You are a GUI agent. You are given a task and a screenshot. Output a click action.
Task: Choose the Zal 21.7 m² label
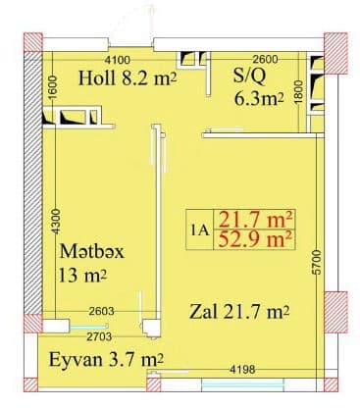[238, 314]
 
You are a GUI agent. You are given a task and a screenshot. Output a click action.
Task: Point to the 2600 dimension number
[266, 60]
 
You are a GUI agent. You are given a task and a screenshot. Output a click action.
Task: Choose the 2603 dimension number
[102, 310]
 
